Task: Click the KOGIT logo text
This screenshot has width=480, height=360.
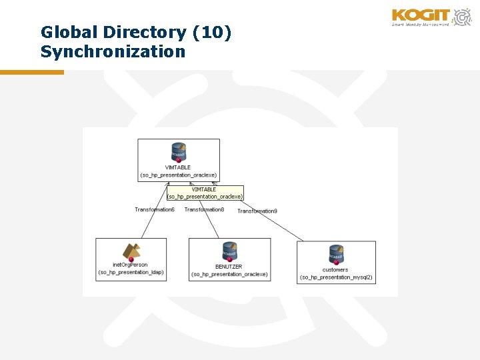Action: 422,15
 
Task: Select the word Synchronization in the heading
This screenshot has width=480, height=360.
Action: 113,51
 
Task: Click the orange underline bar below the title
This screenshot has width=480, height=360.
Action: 31,72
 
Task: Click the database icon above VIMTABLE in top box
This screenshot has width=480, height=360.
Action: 178,151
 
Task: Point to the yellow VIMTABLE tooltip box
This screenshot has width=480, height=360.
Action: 205,193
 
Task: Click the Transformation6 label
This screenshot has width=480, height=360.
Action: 155,209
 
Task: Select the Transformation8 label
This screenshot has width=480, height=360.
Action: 204,209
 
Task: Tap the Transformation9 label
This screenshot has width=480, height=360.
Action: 257,211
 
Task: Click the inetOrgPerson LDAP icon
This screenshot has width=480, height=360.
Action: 131,251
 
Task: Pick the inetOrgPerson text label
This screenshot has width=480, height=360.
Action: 131,265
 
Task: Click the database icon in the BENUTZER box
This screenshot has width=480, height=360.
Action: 230,251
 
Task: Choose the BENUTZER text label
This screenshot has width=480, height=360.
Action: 229,266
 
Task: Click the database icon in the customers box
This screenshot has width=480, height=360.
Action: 336,254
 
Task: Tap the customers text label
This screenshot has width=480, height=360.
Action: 335,269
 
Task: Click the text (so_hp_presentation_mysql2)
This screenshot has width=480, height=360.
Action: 336,277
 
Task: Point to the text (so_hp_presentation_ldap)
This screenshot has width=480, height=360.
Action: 131,272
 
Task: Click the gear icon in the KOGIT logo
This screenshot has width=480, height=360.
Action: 461,16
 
